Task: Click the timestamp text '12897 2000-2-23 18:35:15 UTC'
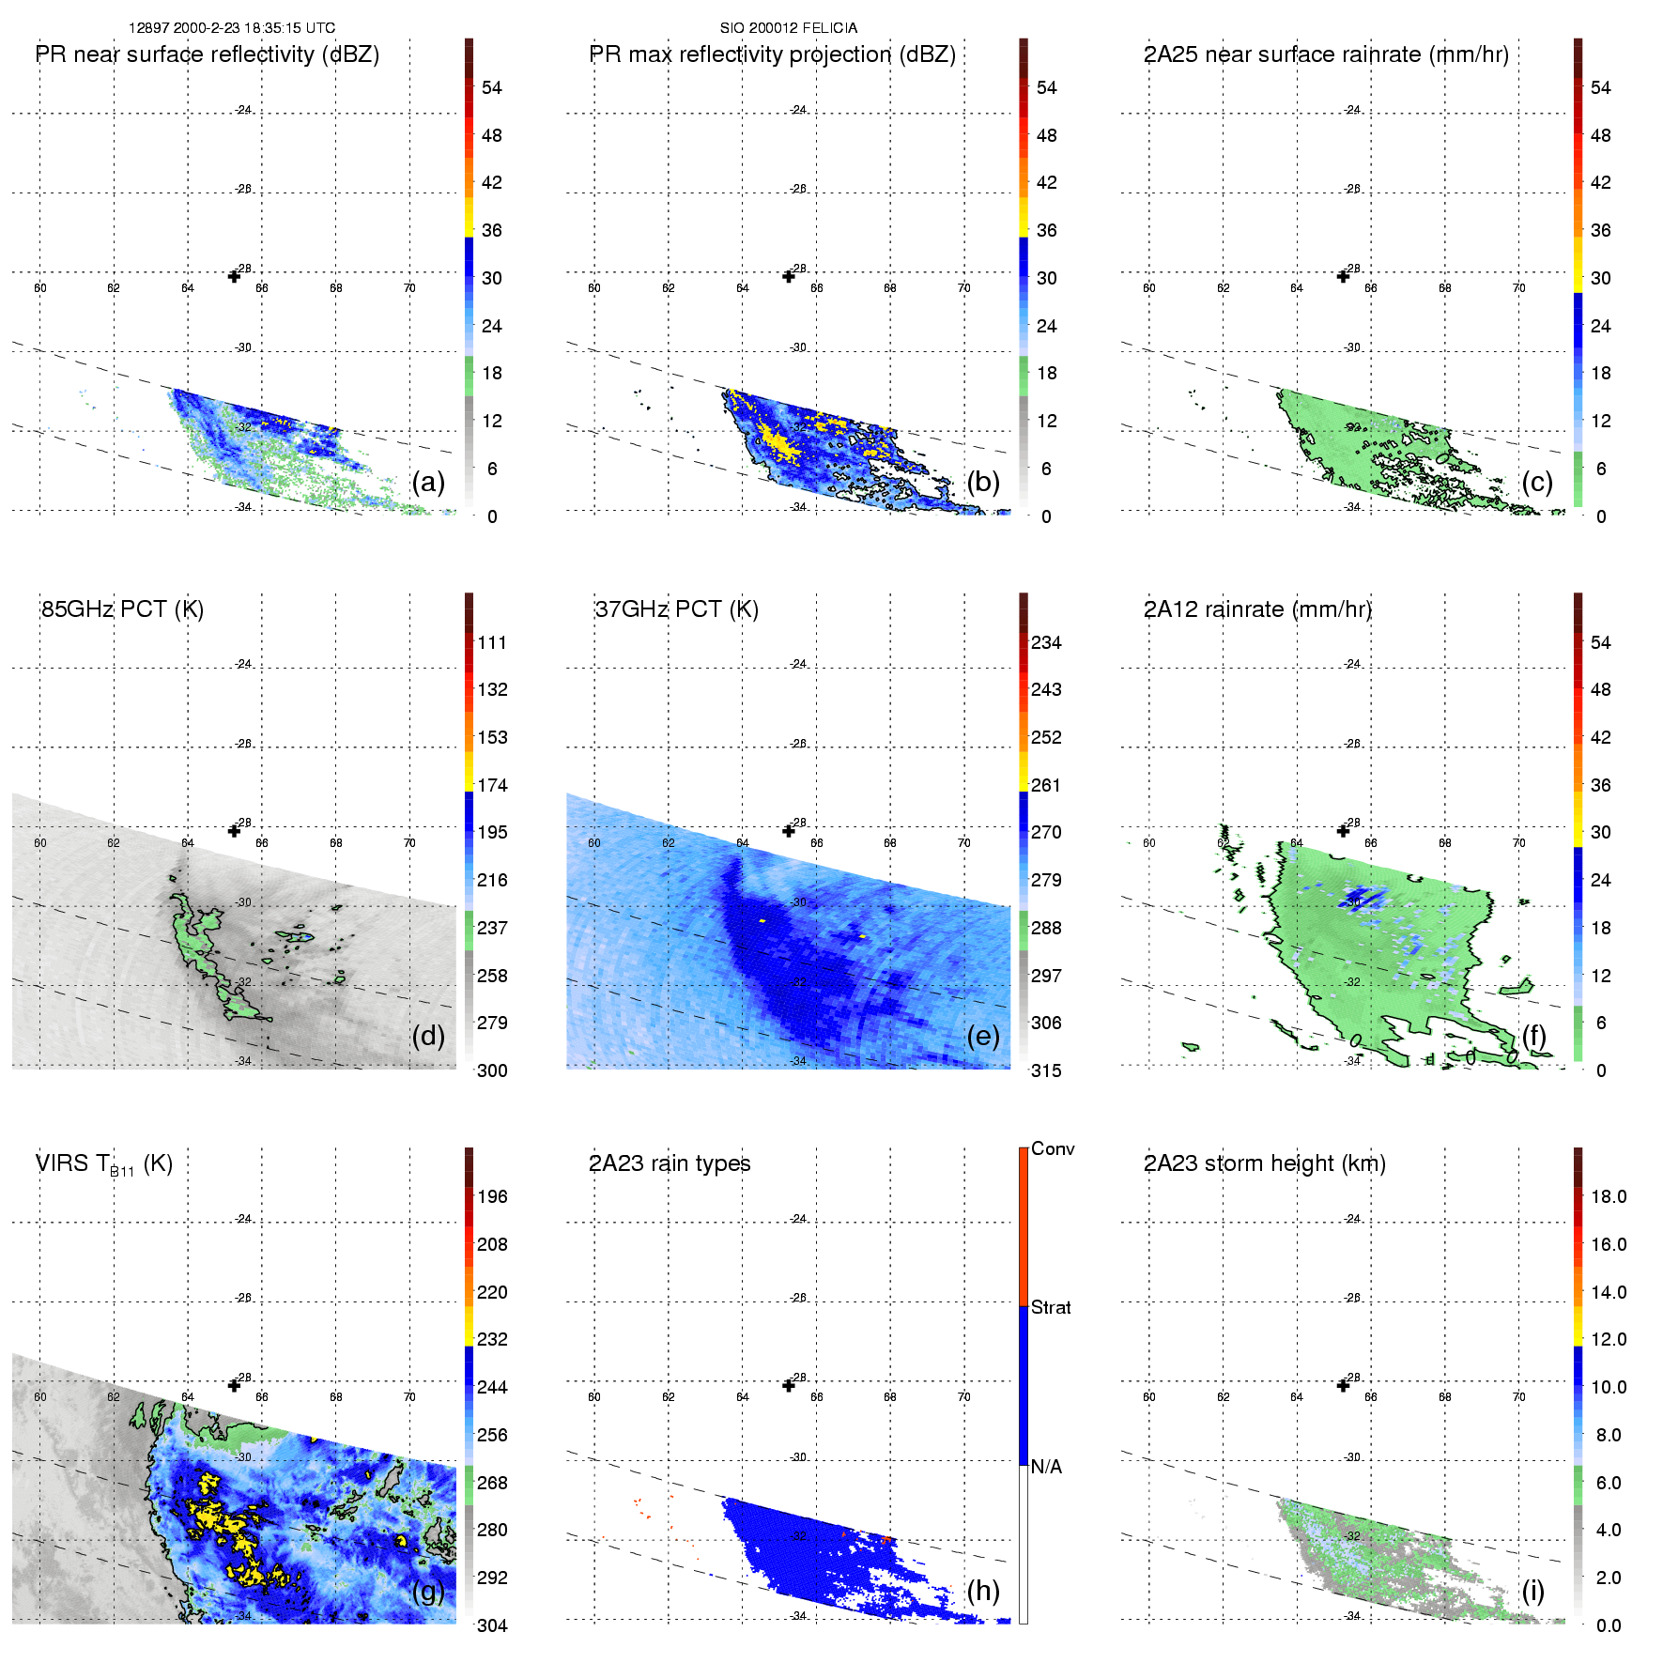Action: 231,28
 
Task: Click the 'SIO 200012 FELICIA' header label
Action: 788,28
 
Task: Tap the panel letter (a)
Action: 428,482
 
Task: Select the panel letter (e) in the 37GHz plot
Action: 982,1036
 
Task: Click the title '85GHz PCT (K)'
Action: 122,608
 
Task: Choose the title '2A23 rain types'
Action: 670,1163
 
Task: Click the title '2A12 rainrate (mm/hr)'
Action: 1257,608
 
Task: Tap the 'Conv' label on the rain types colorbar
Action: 1053,1148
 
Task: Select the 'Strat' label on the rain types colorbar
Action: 1051,1307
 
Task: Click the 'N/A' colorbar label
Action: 1046,1467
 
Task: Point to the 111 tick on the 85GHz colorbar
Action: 492,642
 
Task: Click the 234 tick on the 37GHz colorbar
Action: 1046,642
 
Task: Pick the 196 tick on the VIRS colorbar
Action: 492,1196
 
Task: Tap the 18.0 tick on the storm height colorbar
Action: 1609,1196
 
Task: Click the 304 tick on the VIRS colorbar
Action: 492,1625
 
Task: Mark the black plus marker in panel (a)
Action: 234,276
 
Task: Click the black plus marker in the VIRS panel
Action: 234,1385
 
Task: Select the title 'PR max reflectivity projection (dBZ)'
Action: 772,54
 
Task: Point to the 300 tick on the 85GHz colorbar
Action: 492,1070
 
